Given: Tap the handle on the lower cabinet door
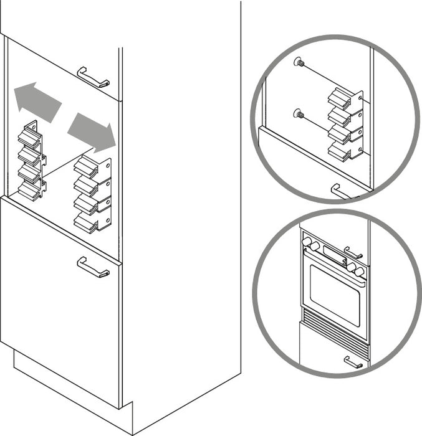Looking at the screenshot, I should (93, 267).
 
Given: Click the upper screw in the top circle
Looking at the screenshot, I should (299, 63).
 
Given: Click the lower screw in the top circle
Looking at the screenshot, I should (299, 114).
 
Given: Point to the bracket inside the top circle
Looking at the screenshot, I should (347, 125).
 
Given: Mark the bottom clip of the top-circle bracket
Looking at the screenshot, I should (340, 151).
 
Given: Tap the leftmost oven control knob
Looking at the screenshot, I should (306, 241).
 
